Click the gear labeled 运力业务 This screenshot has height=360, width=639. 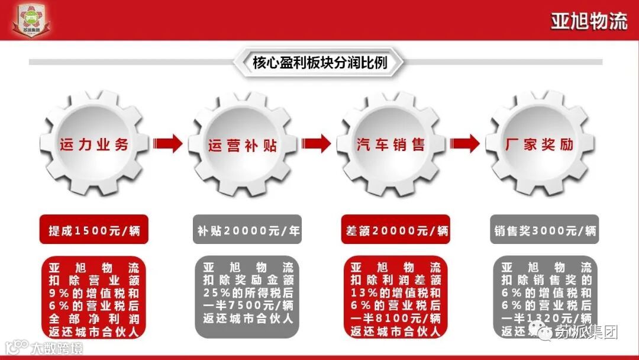[x=94, y=144]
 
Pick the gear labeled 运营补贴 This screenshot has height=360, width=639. [x=243, y=144]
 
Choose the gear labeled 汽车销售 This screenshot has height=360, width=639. [x=390, y=144]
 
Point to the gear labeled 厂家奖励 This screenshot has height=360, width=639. [x=540, y=144]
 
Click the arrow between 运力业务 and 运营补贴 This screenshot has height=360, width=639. [x=168, y=143]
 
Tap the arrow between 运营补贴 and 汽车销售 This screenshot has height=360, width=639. [x=317, y=143]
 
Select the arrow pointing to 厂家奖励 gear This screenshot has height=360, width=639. [x=465, y=143]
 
